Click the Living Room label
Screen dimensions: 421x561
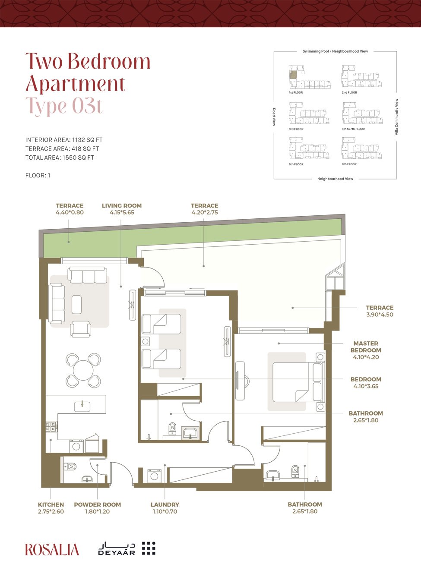[x=122, y=205]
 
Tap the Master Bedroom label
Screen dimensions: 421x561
[x=366, y=347]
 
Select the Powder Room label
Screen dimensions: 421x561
[x=98, y=504]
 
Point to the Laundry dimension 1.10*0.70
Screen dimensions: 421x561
[x=165, y=511]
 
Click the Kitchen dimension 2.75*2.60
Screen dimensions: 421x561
[x=51, y=511]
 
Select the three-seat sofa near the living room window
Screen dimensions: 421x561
[x=87, y=275]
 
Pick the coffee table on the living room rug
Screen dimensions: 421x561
[x=77, y=305]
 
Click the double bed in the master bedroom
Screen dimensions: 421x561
[x=299, y=382]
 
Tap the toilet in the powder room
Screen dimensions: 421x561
[x=70, y=466]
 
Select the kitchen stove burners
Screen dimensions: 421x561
[x=51, y=426]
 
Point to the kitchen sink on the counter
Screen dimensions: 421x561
[x=82, y=407]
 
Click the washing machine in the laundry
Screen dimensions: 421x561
[x=155, y=476]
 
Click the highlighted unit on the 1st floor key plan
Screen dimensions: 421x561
[x=294, y=75]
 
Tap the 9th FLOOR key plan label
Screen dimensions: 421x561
[x=349, y=164]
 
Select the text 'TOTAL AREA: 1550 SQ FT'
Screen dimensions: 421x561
[x=60, y=158]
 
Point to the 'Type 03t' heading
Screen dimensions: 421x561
[x=64, y=106]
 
